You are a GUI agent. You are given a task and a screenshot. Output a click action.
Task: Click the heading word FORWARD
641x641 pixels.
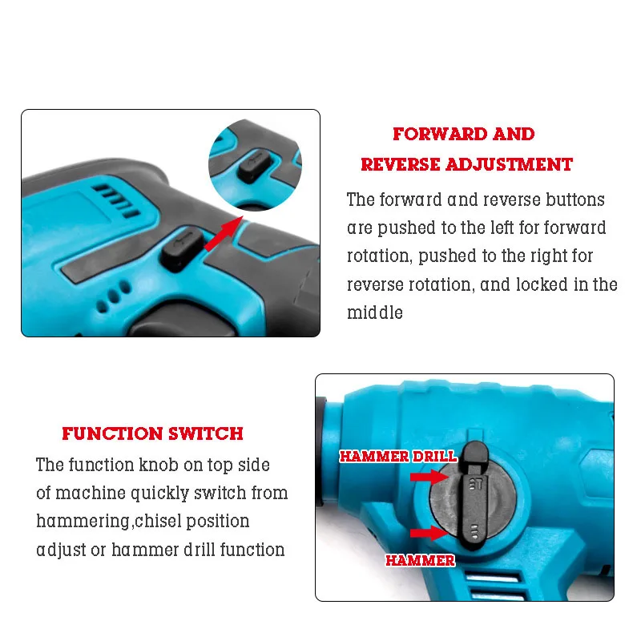tap(439, 134)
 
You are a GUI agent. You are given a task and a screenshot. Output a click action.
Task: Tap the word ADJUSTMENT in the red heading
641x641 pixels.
tap(509, 164)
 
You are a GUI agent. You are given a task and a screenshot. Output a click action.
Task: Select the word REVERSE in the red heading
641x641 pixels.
tap(400, 164)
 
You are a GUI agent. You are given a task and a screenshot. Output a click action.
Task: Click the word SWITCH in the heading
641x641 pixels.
tap(206, 433)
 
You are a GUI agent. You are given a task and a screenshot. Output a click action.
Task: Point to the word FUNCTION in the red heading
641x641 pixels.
tap(112, 433)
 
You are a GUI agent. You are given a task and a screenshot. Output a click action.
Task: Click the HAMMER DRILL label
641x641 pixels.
tap(397, 456)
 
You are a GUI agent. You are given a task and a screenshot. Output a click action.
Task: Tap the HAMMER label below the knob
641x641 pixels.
tap(420, 560)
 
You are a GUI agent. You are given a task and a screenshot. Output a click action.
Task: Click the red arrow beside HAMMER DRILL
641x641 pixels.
tap(429, 476)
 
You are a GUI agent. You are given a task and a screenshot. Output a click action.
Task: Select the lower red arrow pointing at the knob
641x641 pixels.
tap(429, 533)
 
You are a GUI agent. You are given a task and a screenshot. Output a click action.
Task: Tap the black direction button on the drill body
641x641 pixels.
tap(183, 248)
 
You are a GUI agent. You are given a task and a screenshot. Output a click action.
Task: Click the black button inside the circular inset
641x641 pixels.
tap(254, 167)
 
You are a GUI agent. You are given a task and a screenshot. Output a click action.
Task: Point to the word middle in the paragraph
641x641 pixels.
tap(375, 312)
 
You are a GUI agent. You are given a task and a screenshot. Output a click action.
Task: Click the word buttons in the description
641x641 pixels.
tap(575, 200)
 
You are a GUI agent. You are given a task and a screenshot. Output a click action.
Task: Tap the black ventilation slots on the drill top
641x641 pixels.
tap(116, 200)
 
